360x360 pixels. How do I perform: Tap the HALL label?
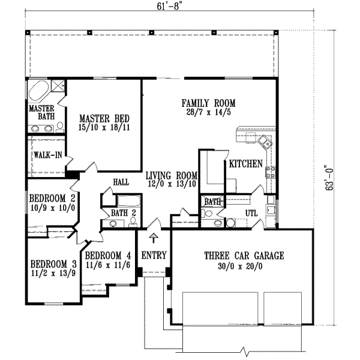122,180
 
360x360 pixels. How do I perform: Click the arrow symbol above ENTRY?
154,238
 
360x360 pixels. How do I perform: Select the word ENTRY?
154,256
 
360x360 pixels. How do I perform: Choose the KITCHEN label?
245,163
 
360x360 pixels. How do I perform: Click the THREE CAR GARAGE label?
243,255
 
